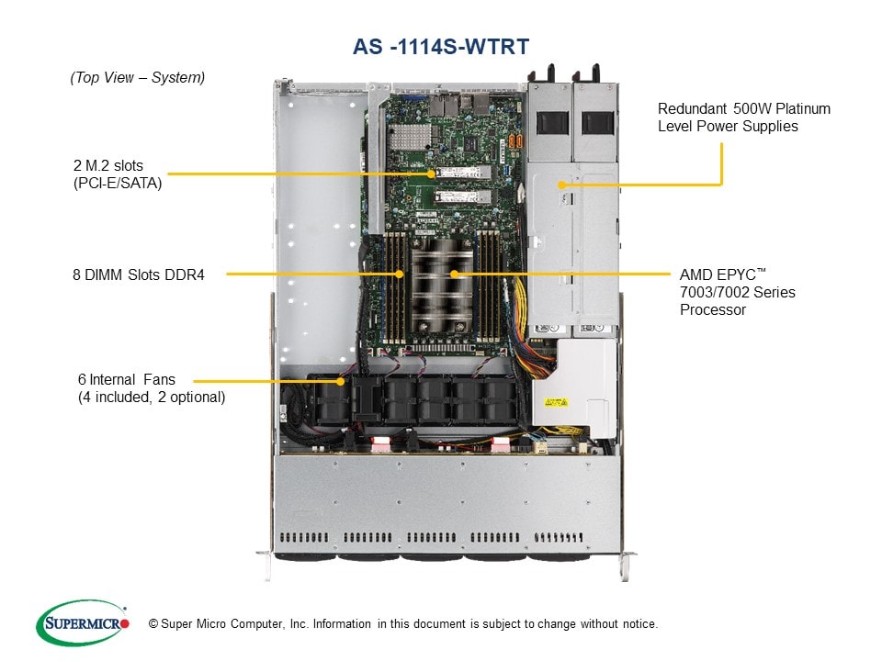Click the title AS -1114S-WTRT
tap(441, 47)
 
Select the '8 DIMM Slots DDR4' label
tap(139, 273)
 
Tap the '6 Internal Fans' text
tap(126, 379)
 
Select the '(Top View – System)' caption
tap(138, 78)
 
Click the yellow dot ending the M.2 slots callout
tap(431, 173)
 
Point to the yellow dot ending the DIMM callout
tap(400, 274)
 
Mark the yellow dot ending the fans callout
tap(342, 380)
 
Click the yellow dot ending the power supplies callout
tap(560, 185)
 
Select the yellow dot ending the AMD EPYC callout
tap(454, 274)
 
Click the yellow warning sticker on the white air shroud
tap(557, 402)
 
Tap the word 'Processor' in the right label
tap(713, 309)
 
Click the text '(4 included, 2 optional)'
tap(152, 397)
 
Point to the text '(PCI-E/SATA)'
tap(118, 183)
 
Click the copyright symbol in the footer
tap(153, 624)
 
